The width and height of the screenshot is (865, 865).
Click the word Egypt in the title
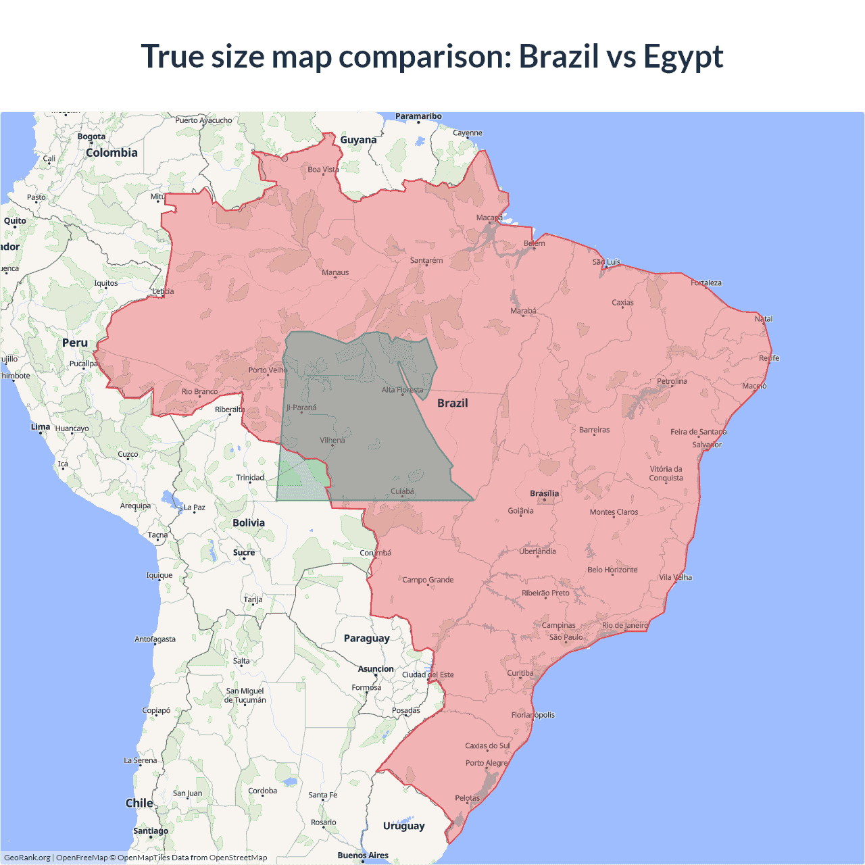pos(683,57)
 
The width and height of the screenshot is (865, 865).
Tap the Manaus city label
pos(335,273)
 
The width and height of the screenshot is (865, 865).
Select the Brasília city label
pos(544,493)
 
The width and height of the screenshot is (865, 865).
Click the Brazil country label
pos(452,403)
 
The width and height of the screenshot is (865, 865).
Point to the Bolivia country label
pos(249,522)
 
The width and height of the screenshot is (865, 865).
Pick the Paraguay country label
pos(366,638)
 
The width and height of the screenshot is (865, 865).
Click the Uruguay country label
pos(403,826)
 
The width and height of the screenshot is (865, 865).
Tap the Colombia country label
pos(112,153)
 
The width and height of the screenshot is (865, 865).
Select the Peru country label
pos(75,343)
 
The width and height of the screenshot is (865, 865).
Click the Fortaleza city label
pos(706,282)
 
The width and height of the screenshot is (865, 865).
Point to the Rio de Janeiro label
pos(625,625)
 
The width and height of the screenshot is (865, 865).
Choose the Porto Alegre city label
pos(486,763)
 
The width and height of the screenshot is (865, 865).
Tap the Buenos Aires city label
pos(363,855)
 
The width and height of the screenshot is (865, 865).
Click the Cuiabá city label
pos(402,491)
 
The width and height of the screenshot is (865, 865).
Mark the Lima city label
pos(41,426)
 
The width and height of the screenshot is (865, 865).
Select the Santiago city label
pos(151,831)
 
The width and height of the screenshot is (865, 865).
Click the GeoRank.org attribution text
pos(27,858)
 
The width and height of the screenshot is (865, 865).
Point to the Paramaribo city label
pos(418,116)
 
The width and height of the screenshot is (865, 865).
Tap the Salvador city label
pos(707,445)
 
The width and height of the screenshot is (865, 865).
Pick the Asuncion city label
pos(376,669)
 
